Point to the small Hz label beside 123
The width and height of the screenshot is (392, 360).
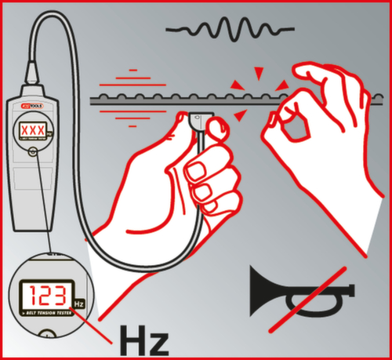pos(78,302)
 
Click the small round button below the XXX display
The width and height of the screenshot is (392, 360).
pos(32,154)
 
